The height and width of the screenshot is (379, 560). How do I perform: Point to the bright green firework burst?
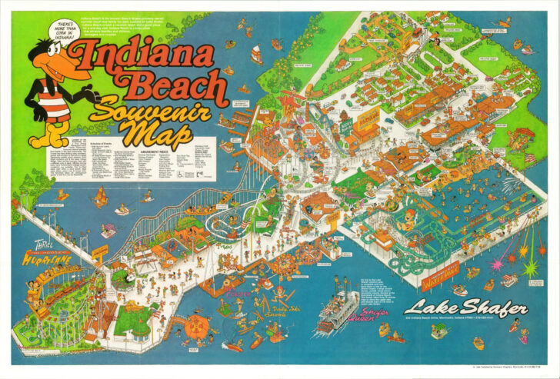[530, 268]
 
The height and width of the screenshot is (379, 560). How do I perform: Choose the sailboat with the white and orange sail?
[255, 54]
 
